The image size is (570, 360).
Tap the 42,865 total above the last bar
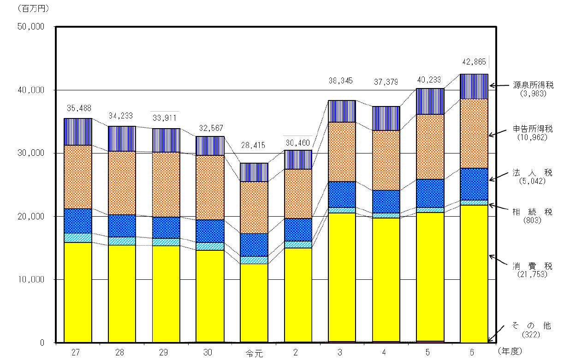coord(475,61)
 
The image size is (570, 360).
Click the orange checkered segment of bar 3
coord(342,152)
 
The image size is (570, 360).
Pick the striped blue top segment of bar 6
coord(475,86)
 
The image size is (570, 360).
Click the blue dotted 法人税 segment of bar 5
coord(430,193)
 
